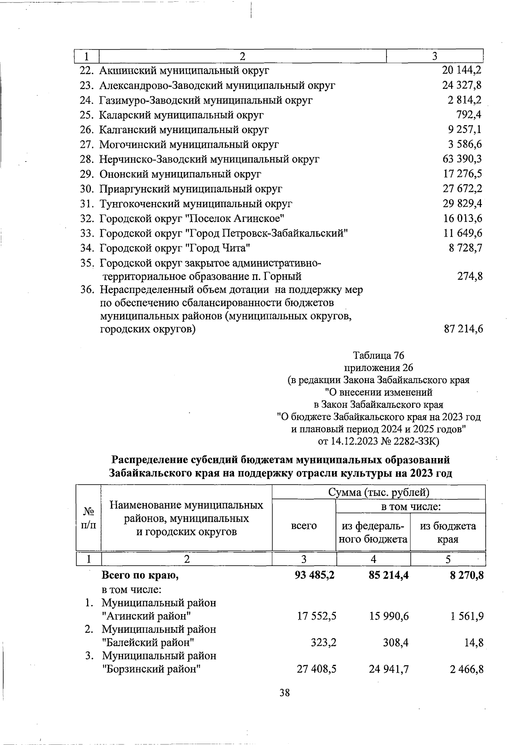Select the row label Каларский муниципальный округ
[x=181, y=115]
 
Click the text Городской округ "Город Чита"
[x=175, y=248]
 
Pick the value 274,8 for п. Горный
[x=470, y=276]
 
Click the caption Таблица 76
[x=379, y=355]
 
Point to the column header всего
[x=304, y=526]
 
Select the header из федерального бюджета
[x=373, y=532]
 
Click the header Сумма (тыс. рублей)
[x=378, y=492]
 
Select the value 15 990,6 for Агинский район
[x=389, y=616]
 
